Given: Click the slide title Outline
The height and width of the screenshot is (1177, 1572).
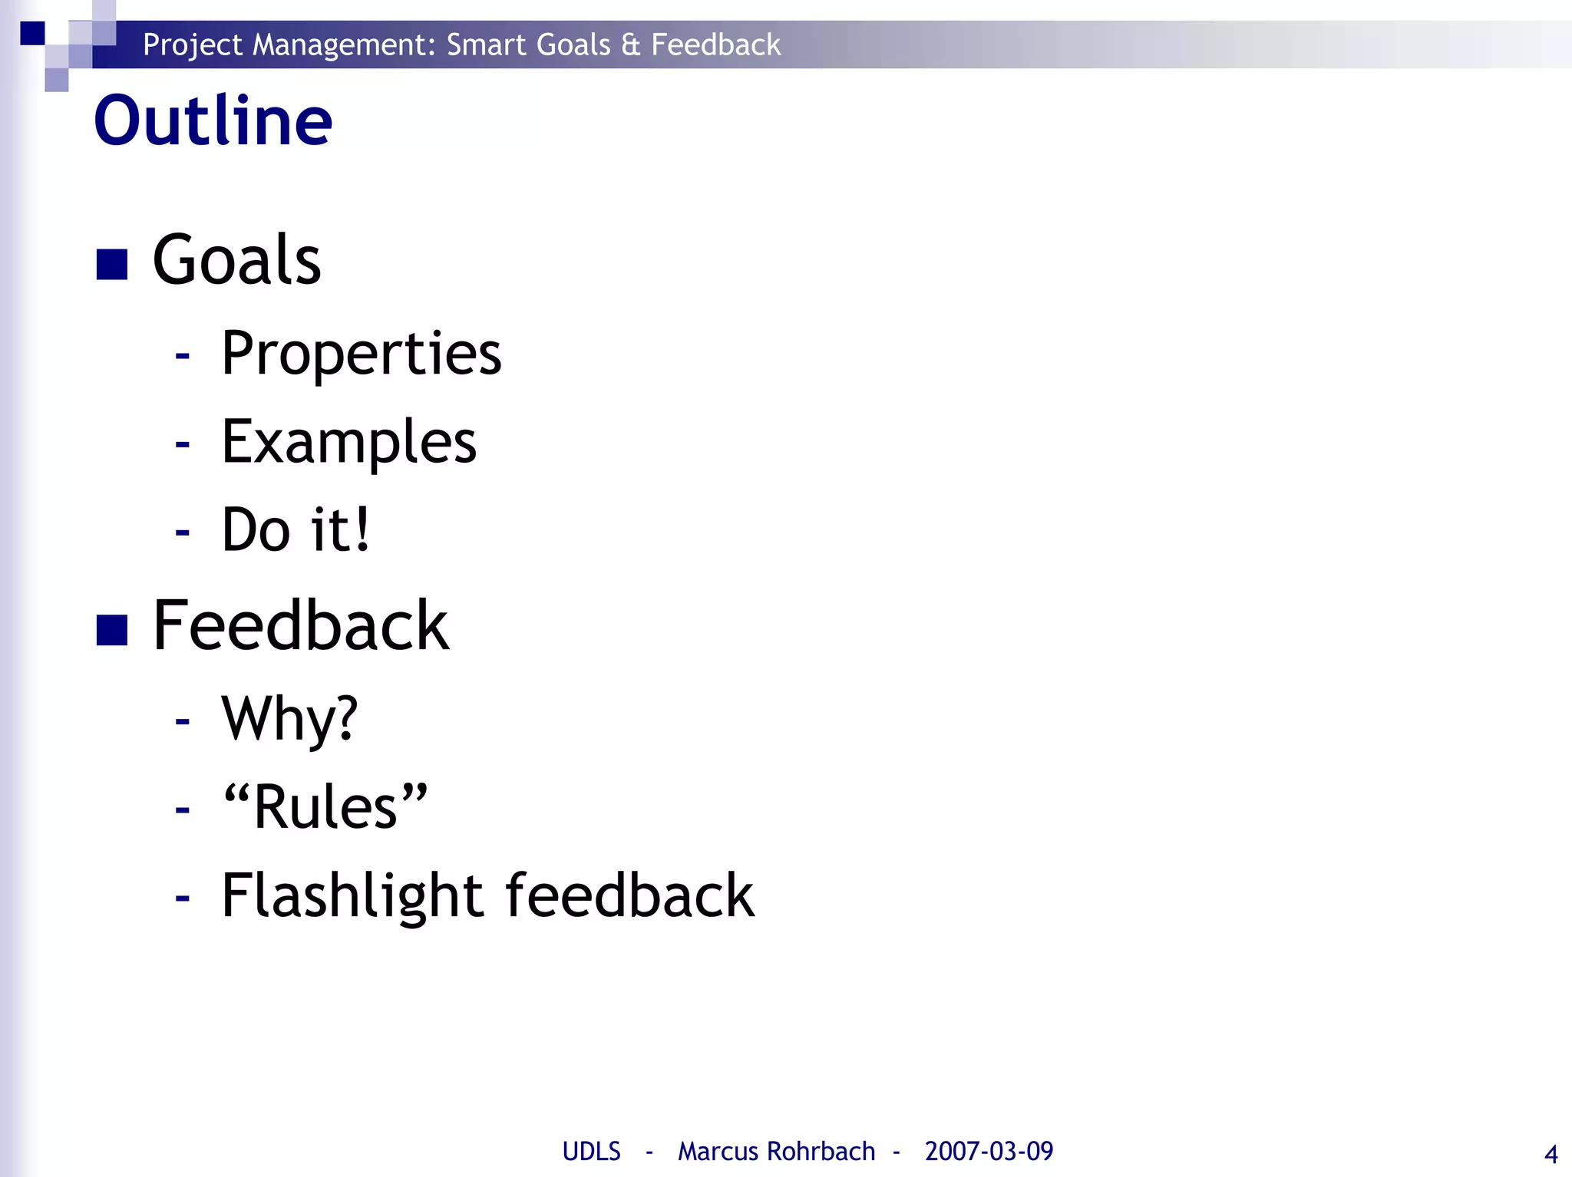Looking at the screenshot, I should [x=213, y=120].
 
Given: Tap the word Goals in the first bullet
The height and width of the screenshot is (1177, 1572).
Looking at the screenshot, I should [x=236, y=261].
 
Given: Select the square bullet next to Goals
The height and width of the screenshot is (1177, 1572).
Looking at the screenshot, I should [x=112, y=265].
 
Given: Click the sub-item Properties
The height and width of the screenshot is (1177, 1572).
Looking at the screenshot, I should [x=361, y=354].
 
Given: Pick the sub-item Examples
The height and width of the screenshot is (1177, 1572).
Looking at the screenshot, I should [x=348, y=443].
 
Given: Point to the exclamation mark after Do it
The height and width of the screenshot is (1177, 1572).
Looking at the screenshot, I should [x=359, y=529].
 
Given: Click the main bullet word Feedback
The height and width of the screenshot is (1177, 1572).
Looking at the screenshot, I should [x=300, y=626].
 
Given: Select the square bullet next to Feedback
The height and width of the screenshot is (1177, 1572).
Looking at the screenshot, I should [x=112, y=631].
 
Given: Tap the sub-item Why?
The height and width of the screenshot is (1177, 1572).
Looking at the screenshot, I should [x=289, y=719].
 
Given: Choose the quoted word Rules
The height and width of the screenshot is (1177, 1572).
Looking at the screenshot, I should [x=325, y=807].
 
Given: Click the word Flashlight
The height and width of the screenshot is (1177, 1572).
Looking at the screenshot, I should [x=352, y=896].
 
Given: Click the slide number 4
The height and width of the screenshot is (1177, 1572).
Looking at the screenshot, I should [x=1551, y=1154].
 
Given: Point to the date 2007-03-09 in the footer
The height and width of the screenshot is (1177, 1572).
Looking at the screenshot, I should [x=989, y=1151].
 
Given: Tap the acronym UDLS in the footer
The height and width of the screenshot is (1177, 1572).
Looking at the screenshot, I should [x=591, y=1151].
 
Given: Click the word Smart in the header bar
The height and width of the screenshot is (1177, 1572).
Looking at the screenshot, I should [x=487, y=45].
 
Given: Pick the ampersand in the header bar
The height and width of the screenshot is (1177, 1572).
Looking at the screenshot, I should [x=631, y=45].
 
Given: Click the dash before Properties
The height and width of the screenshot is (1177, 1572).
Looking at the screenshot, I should [x=182, y=355].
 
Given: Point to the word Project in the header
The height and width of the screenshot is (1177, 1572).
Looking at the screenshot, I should [x=193, y=45].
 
